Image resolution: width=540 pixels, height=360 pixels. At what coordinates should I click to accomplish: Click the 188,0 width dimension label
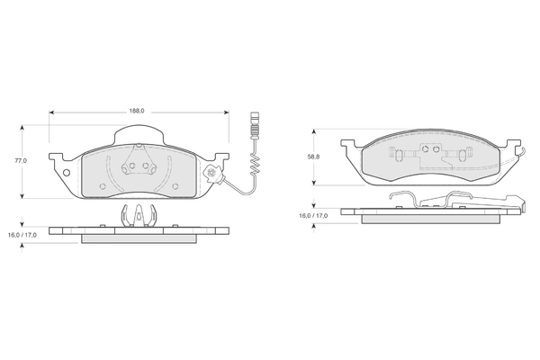pos(137,111)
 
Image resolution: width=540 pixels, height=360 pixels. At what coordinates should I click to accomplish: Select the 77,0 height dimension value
pos(21,161)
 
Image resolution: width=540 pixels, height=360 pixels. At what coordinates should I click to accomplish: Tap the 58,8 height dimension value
pos(313,157)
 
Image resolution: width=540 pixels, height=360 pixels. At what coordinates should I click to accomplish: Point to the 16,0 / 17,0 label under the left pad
pos(22,235)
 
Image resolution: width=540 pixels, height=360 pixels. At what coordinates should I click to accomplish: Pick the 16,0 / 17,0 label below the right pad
pos(313,216)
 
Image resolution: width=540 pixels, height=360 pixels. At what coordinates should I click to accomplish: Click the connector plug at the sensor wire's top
pos(255,125)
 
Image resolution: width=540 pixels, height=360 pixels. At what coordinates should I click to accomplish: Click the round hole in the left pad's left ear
pos(67,173)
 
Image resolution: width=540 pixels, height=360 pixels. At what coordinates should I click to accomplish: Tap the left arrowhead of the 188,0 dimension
pos(51,112)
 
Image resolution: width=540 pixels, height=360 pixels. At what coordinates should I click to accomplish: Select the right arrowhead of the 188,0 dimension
pos(226,112)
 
